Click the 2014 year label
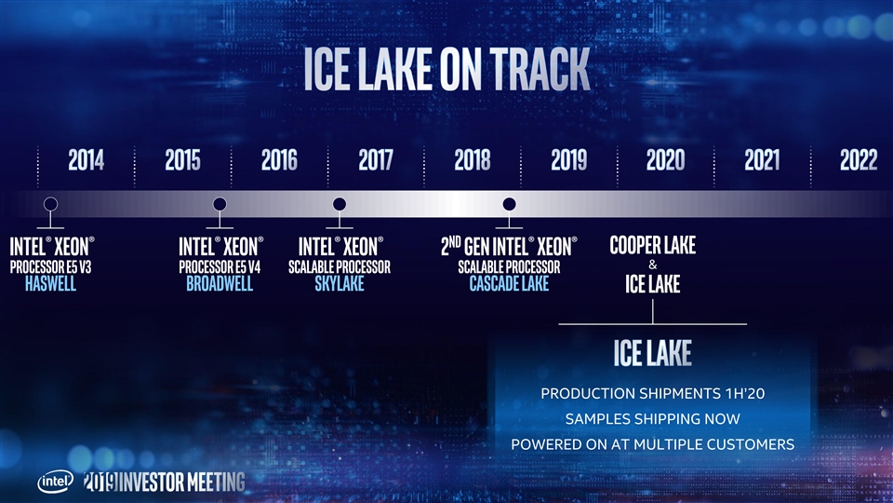point(86,159)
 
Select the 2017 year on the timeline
point(376,159)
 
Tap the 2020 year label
point(665,159)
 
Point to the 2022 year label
point(859,159)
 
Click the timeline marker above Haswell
point(50,204)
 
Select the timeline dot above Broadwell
point(220,204)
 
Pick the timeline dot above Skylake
point(340,204)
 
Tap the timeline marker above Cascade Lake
point(509,204)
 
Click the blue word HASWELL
point(50,283)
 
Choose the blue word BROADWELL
point(220,283)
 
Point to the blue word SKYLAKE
point(340,283)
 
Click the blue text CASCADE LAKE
point(509,283)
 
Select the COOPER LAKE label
point(653,245)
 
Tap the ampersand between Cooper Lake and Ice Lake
point(653,265)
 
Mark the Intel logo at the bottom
point(55,482)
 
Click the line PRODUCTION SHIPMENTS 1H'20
point(653,393)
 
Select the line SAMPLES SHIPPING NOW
point(653,419)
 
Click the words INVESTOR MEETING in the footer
point(182,483)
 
